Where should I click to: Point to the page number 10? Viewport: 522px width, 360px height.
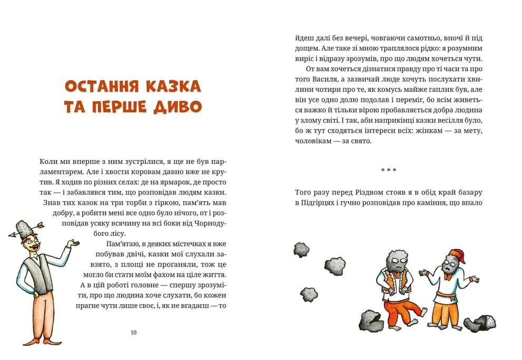(133, 332)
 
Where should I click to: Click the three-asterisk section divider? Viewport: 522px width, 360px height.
(388, 170)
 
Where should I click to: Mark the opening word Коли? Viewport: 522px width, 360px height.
(48, 161)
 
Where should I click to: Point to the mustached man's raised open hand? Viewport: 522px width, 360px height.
(74, 244)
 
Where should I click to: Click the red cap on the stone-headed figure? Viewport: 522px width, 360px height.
(459, 257)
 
